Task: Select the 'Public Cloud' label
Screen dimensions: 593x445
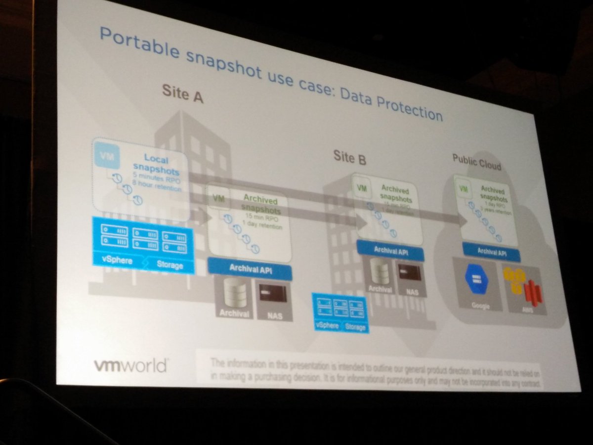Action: click(476, 162)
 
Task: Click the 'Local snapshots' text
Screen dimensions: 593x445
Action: click(156, 164)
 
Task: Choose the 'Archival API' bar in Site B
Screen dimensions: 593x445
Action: click(390, 251)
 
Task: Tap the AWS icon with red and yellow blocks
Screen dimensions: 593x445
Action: click(523, 287)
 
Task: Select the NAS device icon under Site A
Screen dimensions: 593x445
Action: click(274, 295)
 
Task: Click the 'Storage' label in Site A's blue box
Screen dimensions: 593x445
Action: click(169, 266)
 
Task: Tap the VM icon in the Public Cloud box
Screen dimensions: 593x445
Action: click(463, 189)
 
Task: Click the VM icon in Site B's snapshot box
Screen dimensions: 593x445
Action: click(362, 188)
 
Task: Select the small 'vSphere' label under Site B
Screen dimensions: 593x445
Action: click(327, 325)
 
